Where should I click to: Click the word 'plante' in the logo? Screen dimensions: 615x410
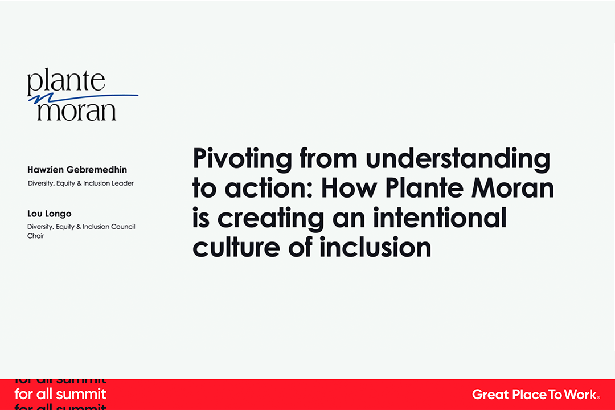pyautogui.click(x=66, y=81)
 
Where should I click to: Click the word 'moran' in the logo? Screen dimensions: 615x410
pyautogui.click(x=76, y=112)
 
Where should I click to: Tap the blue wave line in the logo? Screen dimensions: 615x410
pyautogui.click(x=83, y=98)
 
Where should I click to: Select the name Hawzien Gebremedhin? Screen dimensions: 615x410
pyautogui.click(x=77, y=170)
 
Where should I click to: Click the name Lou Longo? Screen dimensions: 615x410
pyautogui.click(x=49, y=214)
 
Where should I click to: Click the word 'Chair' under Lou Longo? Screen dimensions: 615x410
pyautogui.click(x=35, y=236)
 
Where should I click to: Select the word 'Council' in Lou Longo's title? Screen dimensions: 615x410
pyautogui.click(x=123, y=227)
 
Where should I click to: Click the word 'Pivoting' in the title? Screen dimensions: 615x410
pyautogui.click(x=243, y=159)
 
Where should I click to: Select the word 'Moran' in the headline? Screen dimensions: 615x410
pyautogui.click(x=512, y=188)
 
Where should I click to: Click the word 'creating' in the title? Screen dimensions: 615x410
pyautogui.click(x=270, y=219)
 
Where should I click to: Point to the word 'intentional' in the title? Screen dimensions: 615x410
pyautogui.click(x=439, y=218)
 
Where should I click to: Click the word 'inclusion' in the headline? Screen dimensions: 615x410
pyautogui.click(x=375, y=247)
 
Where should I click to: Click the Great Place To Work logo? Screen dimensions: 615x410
pyautogui.click(x=536, y=394)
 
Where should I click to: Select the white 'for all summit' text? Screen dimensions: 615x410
pyautogui.click(x=60, y=394)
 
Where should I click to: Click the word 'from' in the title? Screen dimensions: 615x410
pyautogui.click(x=329, y=159)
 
